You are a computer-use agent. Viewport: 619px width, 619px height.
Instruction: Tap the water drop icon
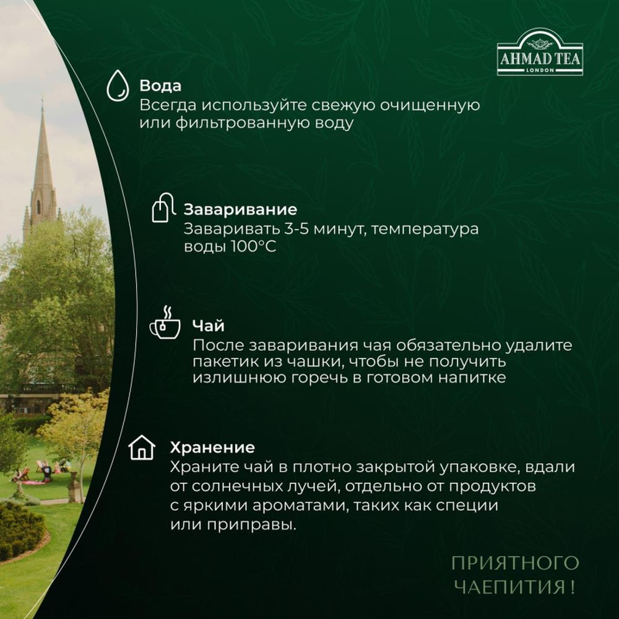(x=117, y=85)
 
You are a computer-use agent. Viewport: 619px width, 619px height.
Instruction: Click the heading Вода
(x=160, y=86)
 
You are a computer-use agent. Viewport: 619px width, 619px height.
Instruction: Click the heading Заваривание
(x=241, y=209)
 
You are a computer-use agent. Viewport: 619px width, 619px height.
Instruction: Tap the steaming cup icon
(x=164, y=323)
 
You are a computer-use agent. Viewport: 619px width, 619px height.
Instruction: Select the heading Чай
(x=208, y=326)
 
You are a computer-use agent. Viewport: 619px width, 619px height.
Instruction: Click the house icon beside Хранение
(x=141, y=447)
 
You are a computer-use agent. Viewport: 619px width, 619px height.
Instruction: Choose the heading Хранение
(x=212, y=447)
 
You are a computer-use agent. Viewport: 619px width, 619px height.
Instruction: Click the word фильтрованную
(x=236, y=123)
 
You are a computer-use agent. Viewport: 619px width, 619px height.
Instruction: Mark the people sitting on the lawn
(x=40, y=472)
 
